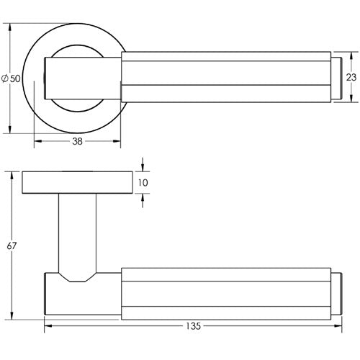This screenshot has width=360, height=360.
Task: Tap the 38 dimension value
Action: [77, 142]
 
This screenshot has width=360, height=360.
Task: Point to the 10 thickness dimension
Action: [143, 183]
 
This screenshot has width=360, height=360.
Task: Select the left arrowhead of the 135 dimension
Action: [48, 325]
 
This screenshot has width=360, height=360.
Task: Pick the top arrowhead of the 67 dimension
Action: [12, 175]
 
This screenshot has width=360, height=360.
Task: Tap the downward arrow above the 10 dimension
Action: [143, 168]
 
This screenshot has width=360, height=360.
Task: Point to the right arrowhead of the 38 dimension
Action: [117, 142]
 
